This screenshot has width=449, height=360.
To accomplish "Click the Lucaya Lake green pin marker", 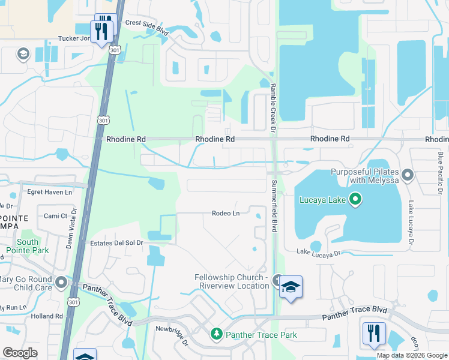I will click(x=355, y=199).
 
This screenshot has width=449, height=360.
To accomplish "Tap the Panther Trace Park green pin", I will click(x=216, y=333).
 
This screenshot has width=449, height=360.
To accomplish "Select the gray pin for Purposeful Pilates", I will click(x=408, y=175).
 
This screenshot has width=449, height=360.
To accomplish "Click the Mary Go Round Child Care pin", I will click(x=61, y=282).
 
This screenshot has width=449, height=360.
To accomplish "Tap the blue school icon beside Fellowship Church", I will click(x=291, y=286).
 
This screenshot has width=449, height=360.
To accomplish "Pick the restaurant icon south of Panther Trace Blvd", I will click(x=374, y=333).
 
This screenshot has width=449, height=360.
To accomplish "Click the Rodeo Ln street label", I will click(x=226, y=213).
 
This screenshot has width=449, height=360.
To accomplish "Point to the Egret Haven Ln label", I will click(x=50, y=193).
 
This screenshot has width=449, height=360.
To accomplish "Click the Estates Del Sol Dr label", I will click(x=116, y=243).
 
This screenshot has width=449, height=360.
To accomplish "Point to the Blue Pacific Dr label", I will click(x=440, y=173).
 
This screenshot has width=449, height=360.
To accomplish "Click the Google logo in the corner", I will click(x=20, y=353).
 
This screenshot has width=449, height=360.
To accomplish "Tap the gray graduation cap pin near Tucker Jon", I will click(x=23, y=55).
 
